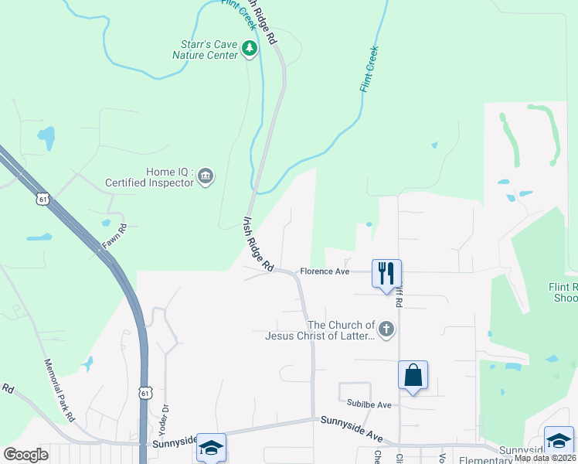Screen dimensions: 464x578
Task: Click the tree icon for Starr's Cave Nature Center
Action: click(x=249, y=49)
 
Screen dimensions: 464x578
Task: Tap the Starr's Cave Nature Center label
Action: click(x=205, y=49)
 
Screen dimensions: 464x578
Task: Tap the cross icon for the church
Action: click(x=386, y=330)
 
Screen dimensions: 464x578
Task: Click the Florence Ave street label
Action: click(x=325, y=271)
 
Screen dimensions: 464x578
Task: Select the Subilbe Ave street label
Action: click(x=369, y=404)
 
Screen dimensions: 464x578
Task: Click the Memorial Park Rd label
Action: click(x=59, y=390)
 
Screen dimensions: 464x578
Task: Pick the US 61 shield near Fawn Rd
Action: click(x=42, y=200)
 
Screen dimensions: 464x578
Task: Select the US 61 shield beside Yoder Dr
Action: click(x=144, y=394)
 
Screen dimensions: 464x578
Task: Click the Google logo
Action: click(x=26, y=454)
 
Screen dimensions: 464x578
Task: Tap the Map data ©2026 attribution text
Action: click(x=544, y=458)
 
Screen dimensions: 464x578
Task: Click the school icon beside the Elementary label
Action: click(x=558, y=440)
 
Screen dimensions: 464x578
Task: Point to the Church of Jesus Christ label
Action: click(x=320, y=330)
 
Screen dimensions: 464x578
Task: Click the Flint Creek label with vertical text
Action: click(x=369, y=70)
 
